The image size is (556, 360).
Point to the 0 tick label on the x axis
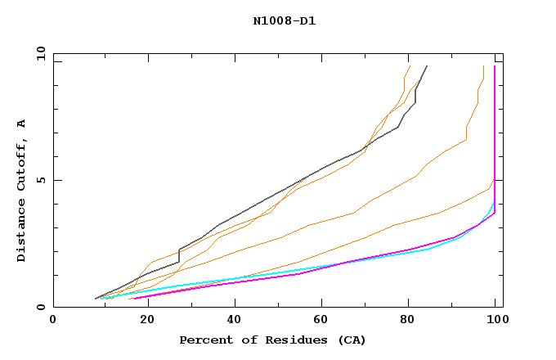(53, 320)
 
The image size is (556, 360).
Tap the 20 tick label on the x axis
(142, 320)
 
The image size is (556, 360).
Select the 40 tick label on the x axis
(231, 320)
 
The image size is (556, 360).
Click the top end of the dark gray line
(427, 66)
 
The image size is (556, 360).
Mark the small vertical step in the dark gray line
(179, 255)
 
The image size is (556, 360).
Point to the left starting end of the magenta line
(129, 299)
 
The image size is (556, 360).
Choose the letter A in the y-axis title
(21, 124)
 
